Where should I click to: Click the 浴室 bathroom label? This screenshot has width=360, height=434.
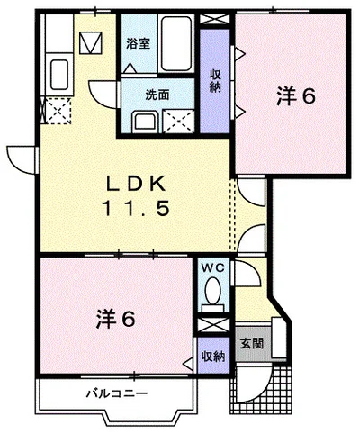(x=138, y=44)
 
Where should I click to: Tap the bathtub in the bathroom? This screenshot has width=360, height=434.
(x=176, y=43)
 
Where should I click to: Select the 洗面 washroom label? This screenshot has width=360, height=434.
(x=157, y=95)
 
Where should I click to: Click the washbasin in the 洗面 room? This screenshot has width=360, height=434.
(x=145, y=122)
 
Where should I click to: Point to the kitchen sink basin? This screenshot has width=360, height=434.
(x=59, y=75)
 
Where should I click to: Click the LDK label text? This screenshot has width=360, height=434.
(x=136, y=184)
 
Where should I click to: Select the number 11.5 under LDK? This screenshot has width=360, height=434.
(x=136, y=208)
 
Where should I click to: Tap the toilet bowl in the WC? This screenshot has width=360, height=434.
(x=212, y=289)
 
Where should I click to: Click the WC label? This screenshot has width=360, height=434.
(x=212, y=268)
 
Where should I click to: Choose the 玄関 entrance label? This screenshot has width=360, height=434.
(x=252, y=344)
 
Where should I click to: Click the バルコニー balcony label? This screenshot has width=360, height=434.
(x=117, y=393)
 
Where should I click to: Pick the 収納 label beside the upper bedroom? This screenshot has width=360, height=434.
(x=215, y=80)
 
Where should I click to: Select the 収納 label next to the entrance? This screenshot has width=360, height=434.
(x=213, y=357)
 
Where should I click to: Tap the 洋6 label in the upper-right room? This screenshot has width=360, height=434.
(x=296, y=96)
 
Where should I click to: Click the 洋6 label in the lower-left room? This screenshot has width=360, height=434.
(x=116, y=320)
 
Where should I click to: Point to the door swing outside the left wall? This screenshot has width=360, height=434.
(x=21, y=159)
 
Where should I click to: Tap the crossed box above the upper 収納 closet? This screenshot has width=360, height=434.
(x=215, y=19)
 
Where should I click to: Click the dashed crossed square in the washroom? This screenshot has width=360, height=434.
(x=178, y=122)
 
